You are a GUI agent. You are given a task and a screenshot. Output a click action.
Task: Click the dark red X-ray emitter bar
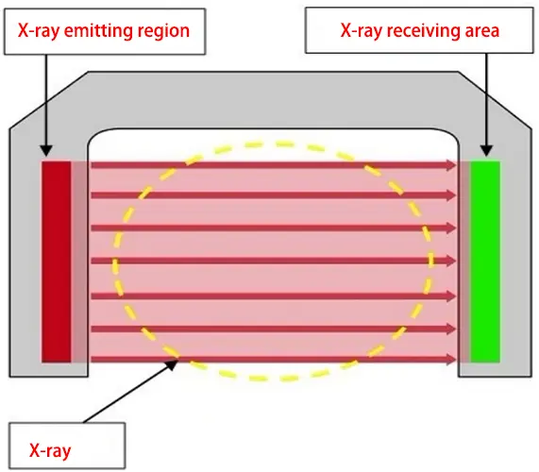[x=56, y=261]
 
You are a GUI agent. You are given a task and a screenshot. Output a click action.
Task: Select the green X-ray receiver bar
[x=485, y=261]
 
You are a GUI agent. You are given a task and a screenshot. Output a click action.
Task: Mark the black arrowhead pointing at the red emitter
[x=43, y=150]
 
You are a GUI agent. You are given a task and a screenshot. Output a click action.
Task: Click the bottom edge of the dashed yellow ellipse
[x=274, y=380]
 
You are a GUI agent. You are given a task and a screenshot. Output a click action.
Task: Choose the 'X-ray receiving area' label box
[x=420, y=30]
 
